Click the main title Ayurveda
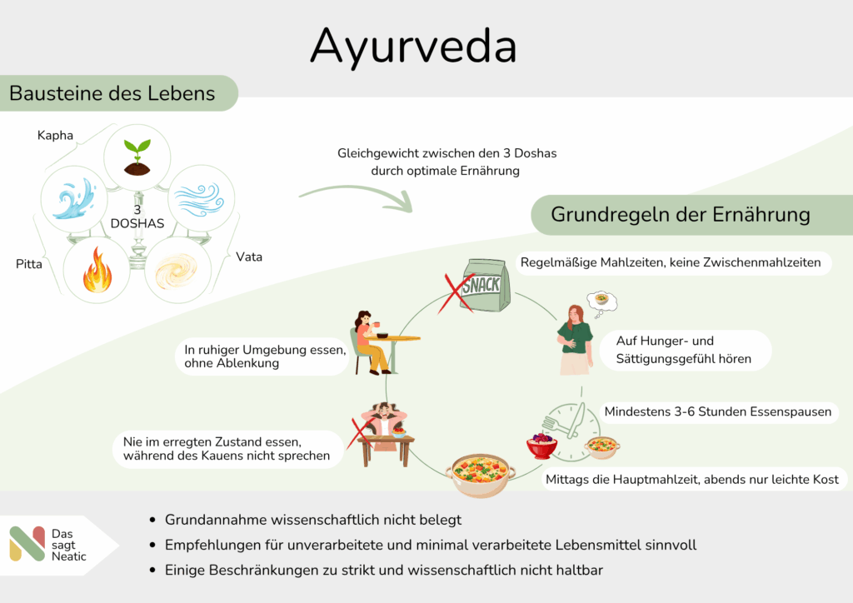pyautogui.click(x=413, y=47)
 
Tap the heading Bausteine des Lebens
pyautogui.click(x=112, y=93)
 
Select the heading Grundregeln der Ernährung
pyautogui.click(x=681, y=214)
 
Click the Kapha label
pyautogui.click(x=55, y=134)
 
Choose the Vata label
pyautogui.click(x=249, y=257)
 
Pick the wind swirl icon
pyautogui.click(x=201, y=199)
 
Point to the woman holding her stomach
pyautogui.click(x=575, y=337)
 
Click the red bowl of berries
pyautogui.click(x=541, y=446)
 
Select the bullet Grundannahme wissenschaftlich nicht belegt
pyautogui.click(x=312, y=520)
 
